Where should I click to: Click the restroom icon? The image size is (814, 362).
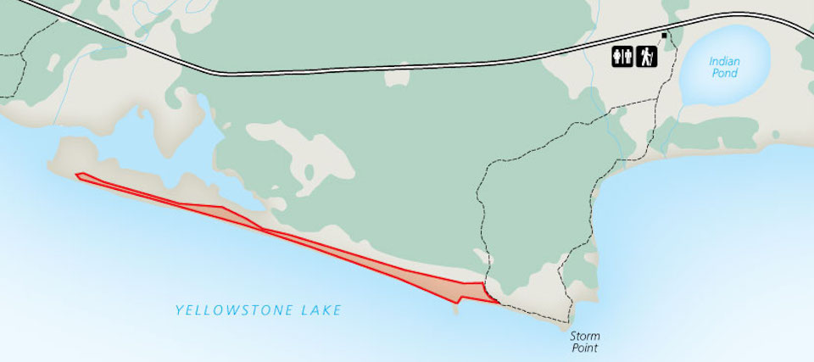click(623, 57)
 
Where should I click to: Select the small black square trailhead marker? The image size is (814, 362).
click(665, 36)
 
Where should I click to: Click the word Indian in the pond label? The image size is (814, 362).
click(725, 61)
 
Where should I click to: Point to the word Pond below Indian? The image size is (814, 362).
click(725, 74)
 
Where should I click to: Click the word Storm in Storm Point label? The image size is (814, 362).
click(585, 336)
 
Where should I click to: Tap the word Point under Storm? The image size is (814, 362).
click(585, 348)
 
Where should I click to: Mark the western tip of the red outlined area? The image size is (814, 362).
click(77, 175)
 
